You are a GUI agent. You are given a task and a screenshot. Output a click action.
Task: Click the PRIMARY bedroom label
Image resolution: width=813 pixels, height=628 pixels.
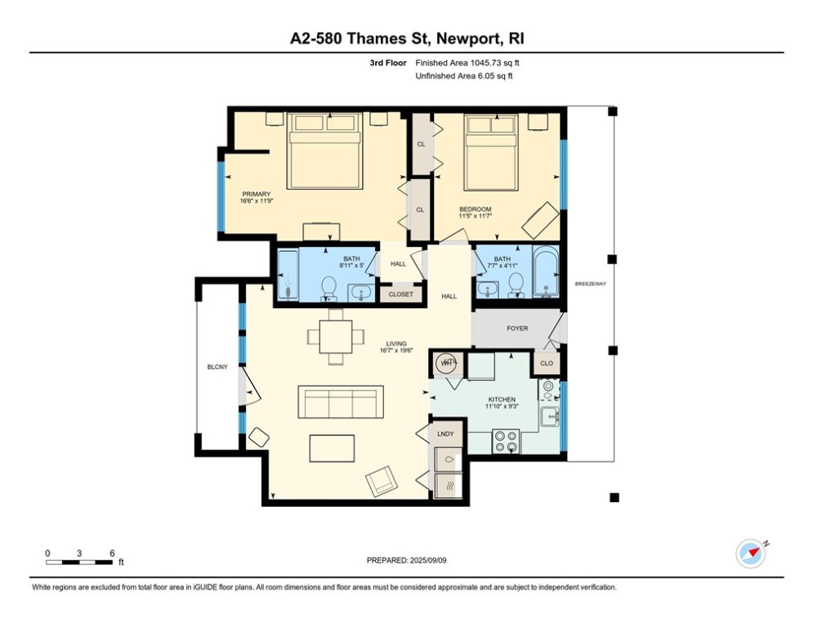pyautogui.click(x=255, y=194)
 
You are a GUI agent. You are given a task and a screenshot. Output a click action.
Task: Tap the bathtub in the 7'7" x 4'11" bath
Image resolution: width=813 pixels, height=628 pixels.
pyautogui.click(x=543, y=273)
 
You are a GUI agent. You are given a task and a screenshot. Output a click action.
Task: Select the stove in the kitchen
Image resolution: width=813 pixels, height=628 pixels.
pyautogui.click(x=507, y=441)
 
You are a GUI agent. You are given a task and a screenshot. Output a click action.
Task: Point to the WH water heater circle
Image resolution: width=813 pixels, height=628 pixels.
pyautogui.click(x=447, y=363)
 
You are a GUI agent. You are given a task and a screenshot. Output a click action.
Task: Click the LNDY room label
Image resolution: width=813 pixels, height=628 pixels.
pyautogui.click(x=445, y=433)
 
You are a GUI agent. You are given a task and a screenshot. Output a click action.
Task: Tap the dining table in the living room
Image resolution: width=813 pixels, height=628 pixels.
pyautogui.click(x=336, y=335)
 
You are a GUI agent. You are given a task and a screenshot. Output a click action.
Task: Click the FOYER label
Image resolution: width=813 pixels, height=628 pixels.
pyautogui.click(x=517, y=329)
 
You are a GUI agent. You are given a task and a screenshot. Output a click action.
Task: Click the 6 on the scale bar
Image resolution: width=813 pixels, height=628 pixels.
pyautogui.click(x=111, y=553)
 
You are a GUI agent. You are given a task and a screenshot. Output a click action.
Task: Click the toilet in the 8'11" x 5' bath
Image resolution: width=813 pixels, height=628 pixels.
pyautogui.click(x=328, y=287)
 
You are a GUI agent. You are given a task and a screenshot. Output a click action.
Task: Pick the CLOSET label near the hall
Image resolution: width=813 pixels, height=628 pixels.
pyautogui.click(x=401, y=294)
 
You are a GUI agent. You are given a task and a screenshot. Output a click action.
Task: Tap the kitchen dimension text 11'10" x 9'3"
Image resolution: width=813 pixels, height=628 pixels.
pyautogui.click(x=501, y=404)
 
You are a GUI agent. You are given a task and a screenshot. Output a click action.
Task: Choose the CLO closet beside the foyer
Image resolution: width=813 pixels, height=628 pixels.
pyautogui.click(x=547, y=364)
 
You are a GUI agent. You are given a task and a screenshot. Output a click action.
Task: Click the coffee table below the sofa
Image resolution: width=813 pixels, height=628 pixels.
pyautogui.click(x=332, y=449)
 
